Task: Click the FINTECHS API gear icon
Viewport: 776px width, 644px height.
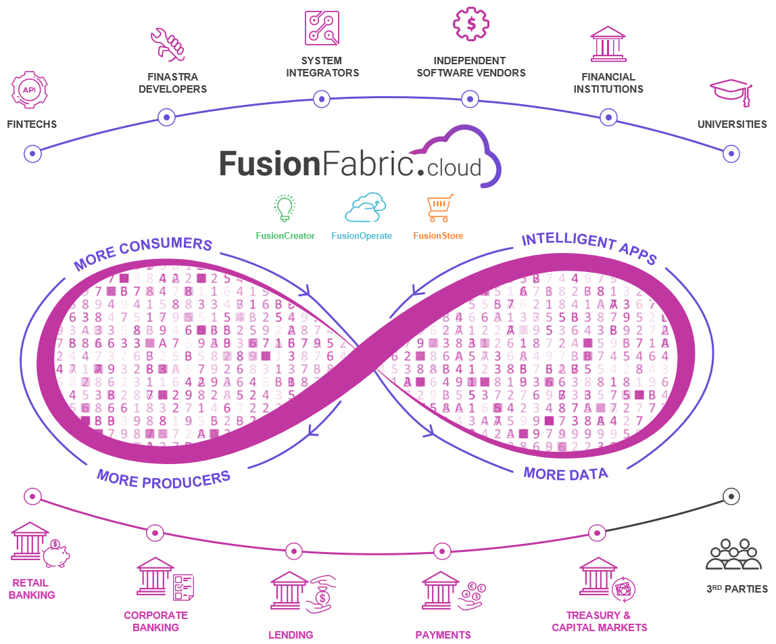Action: click(29, 89)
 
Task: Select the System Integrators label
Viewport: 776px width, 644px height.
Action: click(322, 67)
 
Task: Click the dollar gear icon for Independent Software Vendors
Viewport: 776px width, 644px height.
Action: click(470, 24)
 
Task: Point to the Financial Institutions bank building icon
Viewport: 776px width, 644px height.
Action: click(608, 45)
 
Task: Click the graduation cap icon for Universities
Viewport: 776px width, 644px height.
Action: click(731, 93)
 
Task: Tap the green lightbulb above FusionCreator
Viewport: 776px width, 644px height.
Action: click(285, 208)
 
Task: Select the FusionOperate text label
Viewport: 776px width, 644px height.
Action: click(361, 236)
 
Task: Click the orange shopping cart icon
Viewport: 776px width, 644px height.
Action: click(440, 208)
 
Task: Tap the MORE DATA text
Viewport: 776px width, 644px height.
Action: click(565, 474)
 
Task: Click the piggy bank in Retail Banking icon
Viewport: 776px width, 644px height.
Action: click(55, 554)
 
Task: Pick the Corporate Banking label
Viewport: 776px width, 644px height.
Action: click(155, 621)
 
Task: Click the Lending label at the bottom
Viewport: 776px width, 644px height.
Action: click(291, 635)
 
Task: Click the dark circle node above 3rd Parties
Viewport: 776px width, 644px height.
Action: click(730, 496)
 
